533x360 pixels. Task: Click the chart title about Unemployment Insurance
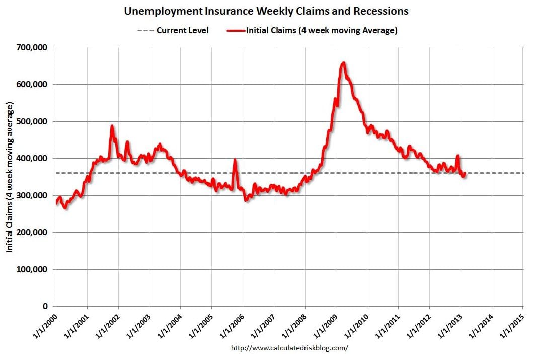[266, 11]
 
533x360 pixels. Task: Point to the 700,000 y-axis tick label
[32, 47]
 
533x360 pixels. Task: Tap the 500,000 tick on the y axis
[32, 121]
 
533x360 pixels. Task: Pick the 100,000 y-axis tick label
[32, 269]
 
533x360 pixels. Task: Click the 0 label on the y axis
[45, 306]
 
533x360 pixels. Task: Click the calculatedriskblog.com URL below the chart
[289, 348]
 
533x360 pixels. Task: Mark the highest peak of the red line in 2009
[343, 63]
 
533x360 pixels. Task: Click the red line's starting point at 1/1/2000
[56, 202]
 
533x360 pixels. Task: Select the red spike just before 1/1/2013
[458, 156]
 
